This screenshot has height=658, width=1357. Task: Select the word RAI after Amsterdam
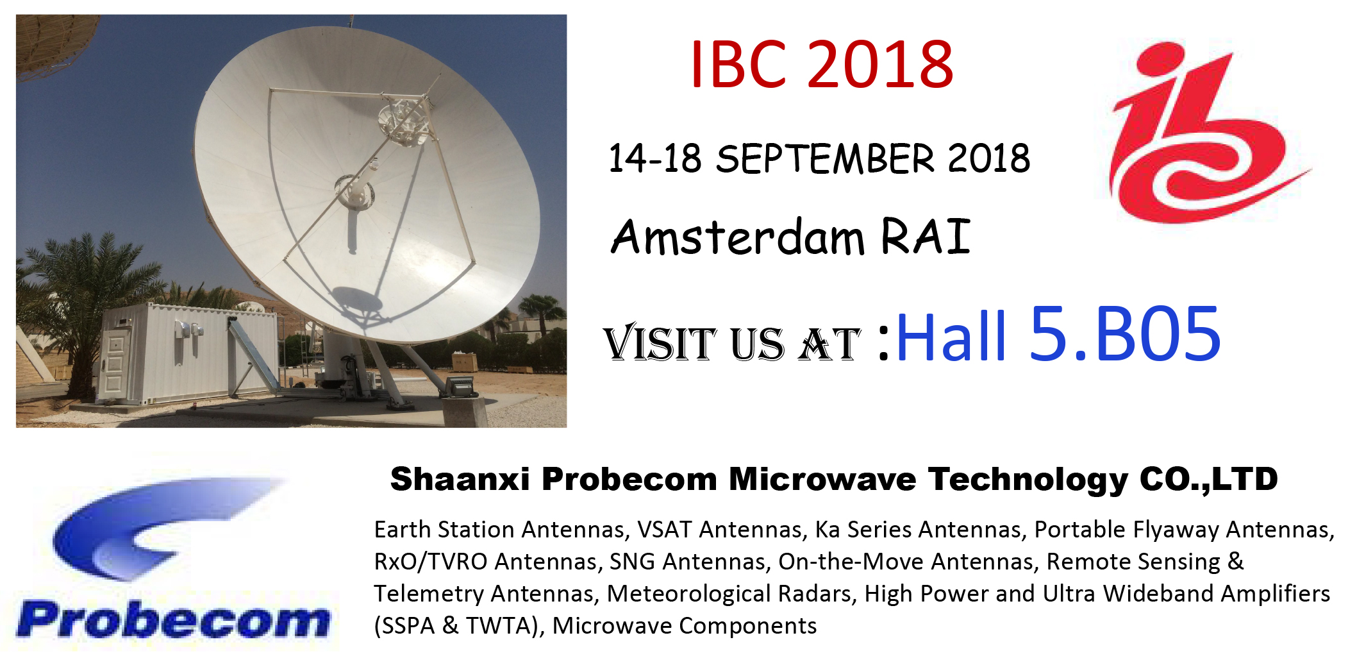pyautogui.click(x=926, y=235)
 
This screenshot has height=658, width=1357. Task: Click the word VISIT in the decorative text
pyautogui.click(x=660, y=342)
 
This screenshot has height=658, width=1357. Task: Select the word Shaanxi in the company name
pyautogui.click(x=460, y=479)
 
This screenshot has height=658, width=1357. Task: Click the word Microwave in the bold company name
pyautogui.click(x=822, y=479)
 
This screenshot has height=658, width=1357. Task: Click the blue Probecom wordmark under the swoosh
pyautogui.click(x=174, y=620)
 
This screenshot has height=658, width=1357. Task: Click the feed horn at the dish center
pyautogui.click(x=353, y=192)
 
